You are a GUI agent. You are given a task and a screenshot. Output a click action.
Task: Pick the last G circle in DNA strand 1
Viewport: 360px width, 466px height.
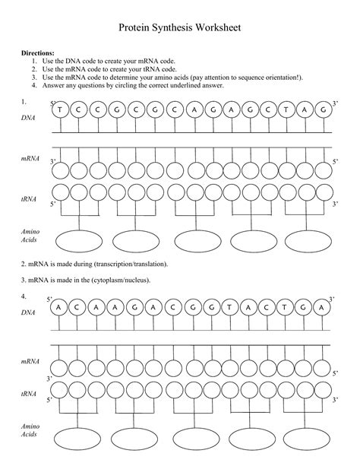click(x=324, y=110)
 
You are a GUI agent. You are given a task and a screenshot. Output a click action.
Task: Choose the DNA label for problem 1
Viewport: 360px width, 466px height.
click(x=28, y=119)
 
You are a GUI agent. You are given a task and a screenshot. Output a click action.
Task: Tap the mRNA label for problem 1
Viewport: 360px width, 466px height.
click(x=30, y=158)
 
